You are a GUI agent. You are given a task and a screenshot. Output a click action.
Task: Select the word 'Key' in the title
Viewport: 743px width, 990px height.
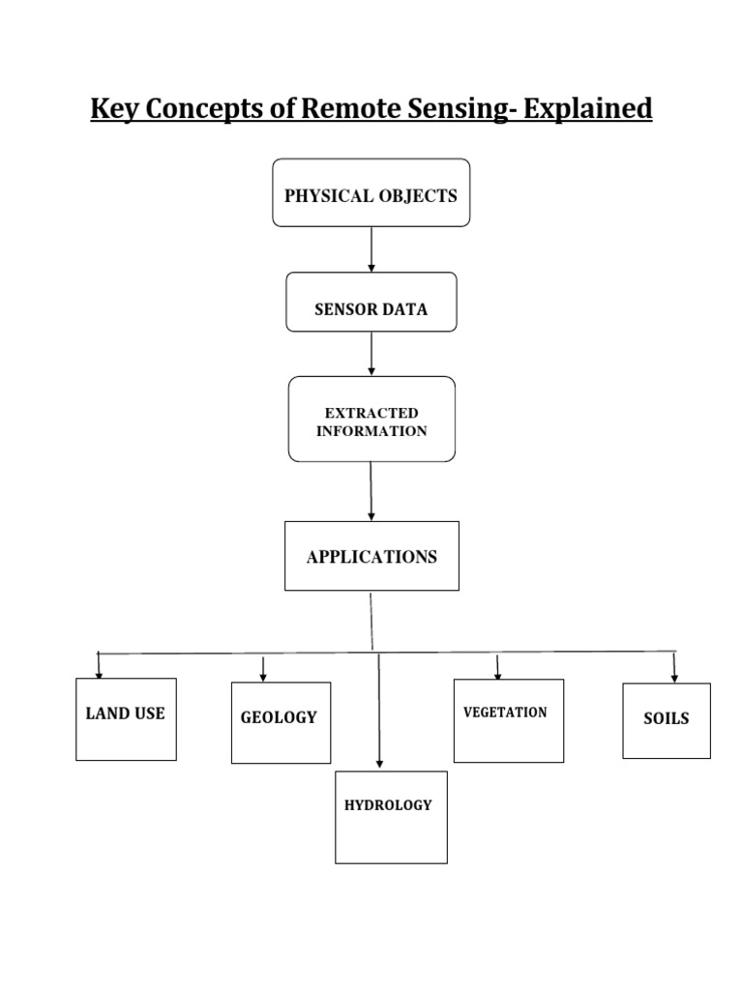[112, 109]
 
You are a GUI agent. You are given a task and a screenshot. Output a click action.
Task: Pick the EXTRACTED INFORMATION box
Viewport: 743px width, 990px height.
[371, 420]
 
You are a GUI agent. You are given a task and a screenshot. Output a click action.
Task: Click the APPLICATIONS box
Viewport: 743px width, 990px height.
[371, 556]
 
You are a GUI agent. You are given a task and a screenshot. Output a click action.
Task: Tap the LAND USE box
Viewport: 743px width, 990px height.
[126, 718]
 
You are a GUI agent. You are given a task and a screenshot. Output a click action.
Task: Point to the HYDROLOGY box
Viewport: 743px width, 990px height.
[391, 816]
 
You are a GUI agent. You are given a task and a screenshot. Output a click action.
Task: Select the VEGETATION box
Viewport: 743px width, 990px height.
[508, 720]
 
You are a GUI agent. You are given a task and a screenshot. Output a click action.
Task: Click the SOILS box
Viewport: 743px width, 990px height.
[666, 720]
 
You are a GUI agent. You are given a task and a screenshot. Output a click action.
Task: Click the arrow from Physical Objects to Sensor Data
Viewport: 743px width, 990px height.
[371, 249]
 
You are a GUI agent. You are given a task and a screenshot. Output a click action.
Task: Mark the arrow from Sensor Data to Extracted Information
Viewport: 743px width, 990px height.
[371, 354]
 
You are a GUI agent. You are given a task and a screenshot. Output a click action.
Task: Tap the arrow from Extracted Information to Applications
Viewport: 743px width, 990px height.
[371, 491]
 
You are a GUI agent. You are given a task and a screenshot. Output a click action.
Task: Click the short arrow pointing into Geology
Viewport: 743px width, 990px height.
[263, 668]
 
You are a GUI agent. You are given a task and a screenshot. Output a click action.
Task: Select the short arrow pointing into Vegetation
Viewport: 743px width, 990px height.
[497, 667]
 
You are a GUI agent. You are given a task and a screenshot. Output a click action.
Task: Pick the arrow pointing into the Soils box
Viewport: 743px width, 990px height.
[674, 668]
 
